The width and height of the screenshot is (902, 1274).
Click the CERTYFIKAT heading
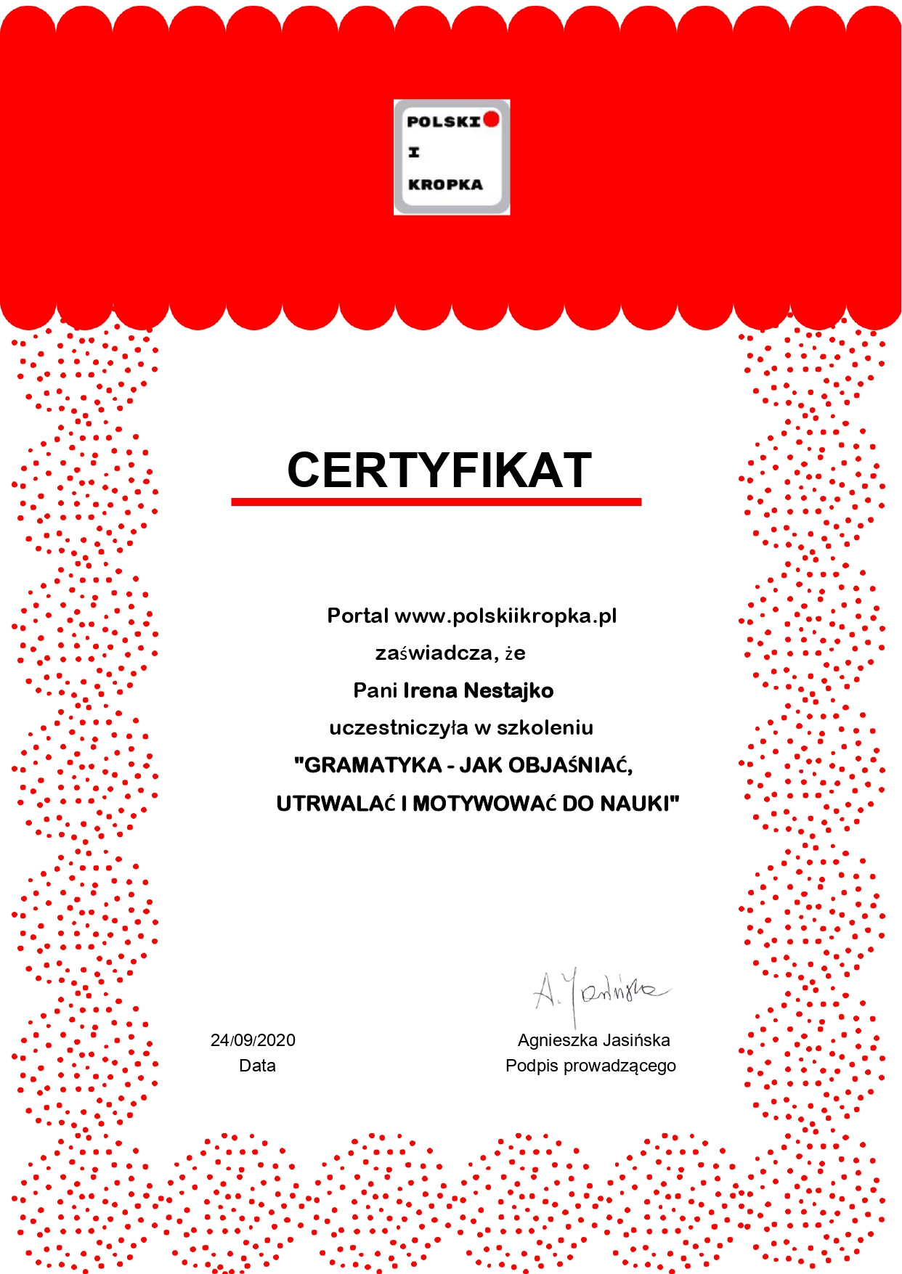tap(439, 470)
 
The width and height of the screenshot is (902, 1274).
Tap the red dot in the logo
tap(492, 119)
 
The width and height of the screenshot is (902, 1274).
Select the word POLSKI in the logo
tap(444, 122)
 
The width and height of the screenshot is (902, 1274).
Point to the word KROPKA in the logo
tap(445, 184)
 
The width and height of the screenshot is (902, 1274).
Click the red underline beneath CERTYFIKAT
tap(436, 502)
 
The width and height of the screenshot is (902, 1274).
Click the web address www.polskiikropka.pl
tap(505, 616)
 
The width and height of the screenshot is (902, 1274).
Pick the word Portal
tap(358, 616)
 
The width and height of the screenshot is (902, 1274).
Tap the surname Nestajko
tap(508, 690)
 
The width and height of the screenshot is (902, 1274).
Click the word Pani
tap(375, 690)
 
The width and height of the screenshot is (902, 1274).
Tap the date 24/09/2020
tap(253, 1040)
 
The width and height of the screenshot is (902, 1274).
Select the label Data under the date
tap(257, 1066)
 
